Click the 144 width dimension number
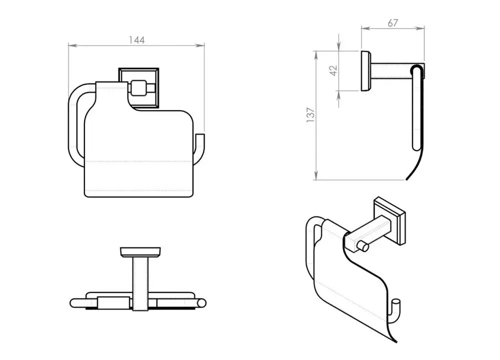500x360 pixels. [x=136, y=40]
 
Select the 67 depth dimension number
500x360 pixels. [x=392, y=23]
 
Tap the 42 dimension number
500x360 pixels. [x=334, y=70]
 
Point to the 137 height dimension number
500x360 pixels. [x=310, y=115]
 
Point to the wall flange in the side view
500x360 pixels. [x=366, y=70]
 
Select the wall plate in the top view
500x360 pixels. [x=140, y=251]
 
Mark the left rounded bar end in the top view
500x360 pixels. [x=73, y=302]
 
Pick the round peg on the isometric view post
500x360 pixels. [x=364, y=247]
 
